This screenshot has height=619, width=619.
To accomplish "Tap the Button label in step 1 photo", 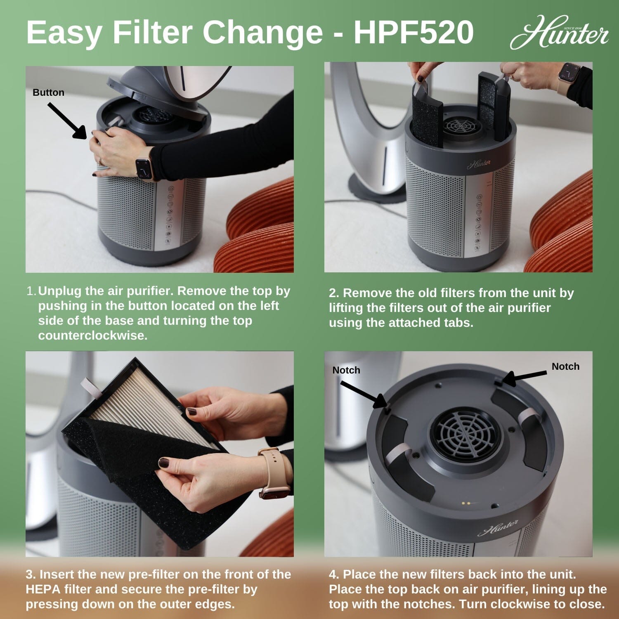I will pos(48,92).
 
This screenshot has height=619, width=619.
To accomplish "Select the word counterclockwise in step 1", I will pos(92,335).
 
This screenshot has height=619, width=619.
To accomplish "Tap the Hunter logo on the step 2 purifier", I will pos(479,164).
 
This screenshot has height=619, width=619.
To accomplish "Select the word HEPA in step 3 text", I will pos(43,589).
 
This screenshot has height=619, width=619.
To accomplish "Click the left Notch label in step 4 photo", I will pos(346,370).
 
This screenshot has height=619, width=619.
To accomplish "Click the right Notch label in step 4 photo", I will pos(565,366).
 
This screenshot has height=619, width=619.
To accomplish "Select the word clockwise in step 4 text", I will pos(520,604).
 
